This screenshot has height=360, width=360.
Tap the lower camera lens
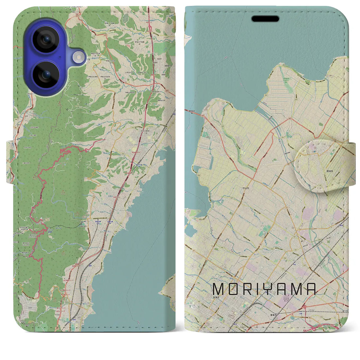(45, 75)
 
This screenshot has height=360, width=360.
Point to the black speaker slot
(265, 19)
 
